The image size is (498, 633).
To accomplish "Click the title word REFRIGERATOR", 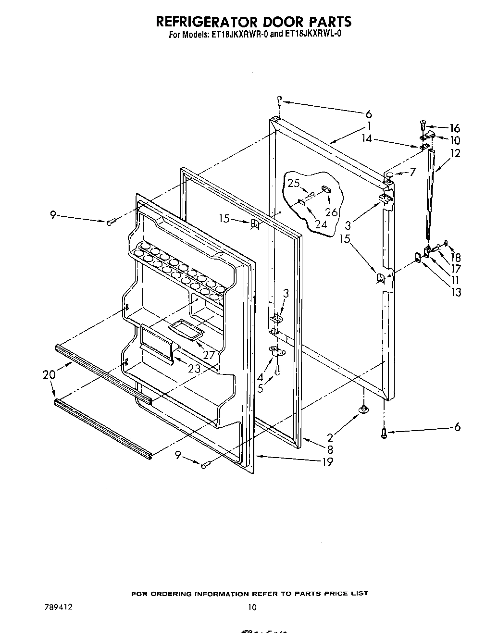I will click(202, 22).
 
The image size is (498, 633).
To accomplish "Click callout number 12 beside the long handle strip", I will click(455, 153).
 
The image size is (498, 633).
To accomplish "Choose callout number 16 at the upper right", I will click(455, 128).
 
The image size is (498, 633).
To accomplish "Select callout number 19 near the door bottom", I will click(328, 462).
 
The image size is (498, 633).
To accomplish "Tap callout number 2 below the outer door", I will click(330, 437).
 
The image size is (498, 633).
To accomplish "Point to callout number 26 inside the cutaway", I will click(331, 212).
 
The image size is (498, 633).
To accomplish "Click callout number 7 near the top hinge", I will click(412, 172).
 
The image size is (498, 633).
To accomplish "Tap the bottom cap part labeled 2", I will click(364, 409).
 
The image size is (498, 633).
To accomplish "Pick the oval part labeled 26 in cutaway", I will click(325, 189).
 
